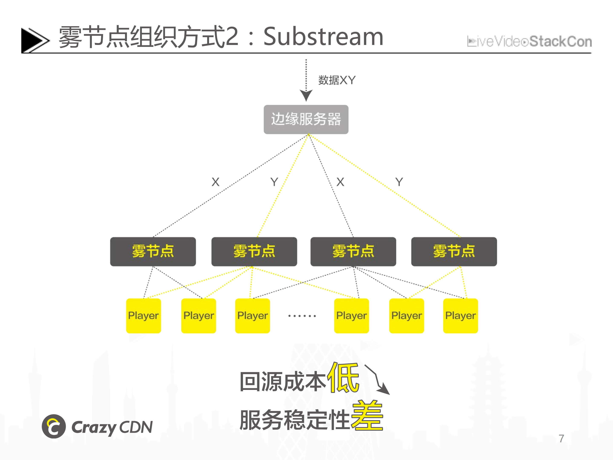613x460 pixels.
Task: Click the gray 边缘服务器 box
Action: pyautogui.click(x=306, y=120)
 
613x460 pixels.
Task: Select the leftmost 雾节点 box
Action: pyautogui.click(x=153, y=251)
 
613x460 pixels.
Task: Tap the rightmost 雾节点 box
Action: pyautogui.click(x=454, y=251)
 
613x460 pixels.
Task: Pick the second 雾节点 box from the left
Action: pyautogui.click(x=254, y=251)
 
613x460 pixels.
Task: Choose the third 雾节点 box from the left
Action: pyautogui.click(x=353, y=251)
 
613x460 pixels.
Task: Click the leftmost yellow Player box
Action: pyautogui.click(x=143, y=316)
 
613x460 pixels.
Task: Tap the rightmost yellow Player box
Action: pyautogui.click(x=460, y=316)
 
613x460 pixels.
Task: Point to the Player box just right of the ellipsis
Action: pyautogui.click(x=351, y=316)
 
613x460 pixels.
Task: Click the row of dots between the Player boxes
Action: pyautogui.click(x=302, y=316)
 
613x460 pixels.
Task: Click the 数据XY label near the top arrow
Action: pyautogui.click(x=337, y=80)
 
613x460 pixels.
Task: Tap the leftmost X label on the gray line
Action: pyautogui.click(x=215, y=182)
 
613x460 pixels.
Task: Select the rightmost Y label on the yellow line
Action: pyautogui.click(x=399, y=182)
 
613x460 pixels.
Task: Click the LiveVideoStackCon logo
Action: pyautogui.click(x=529, y=42)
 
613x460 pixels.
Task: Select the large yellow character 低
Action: pyautogui.click(x=343, y=378)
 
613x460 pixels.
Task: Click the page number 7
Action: pyautogui.click(x=561, y=438)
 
